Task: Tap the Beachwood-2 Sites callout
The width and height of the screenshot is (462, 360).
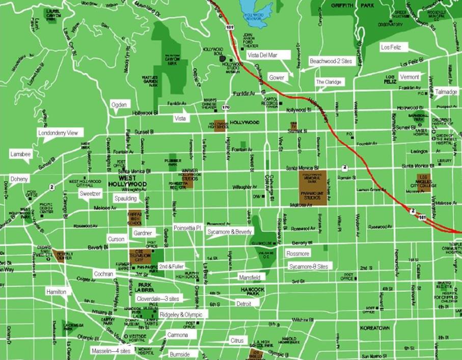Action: tap(331, 61)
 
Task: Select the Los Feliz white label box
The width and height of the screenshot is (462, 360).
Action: tap(391, 47)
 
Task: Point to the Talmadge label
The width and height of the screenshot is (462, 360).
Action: tap(446, 92)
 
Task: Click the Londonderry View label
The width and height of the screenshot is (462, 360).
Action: tap(58, 133)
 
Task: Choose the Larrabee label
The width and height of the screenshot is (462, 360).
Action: tap(21, 153)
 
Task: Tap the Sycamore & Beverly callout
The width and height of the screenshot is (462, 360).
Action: tap(229, 232)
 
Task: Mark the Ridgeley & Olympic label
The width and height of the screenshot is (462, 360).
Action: tap(181, 315)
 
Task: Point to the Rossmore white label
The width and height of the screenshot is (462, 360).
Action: tap(298, 253)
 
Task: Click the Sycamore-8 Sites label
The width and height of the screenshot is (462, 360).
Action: tap(309, 266)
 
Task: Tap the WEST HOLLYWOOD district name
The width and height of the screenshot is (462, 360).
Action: tap(127, 181)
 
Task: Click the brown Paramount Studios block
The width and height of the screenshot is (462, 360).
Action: tap(313, 188)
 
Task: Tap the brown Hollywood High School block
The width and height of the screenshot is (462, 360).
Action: tap(220, 125)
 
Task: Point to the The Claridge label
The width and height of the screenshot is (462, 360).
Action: tap(329, 81)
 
